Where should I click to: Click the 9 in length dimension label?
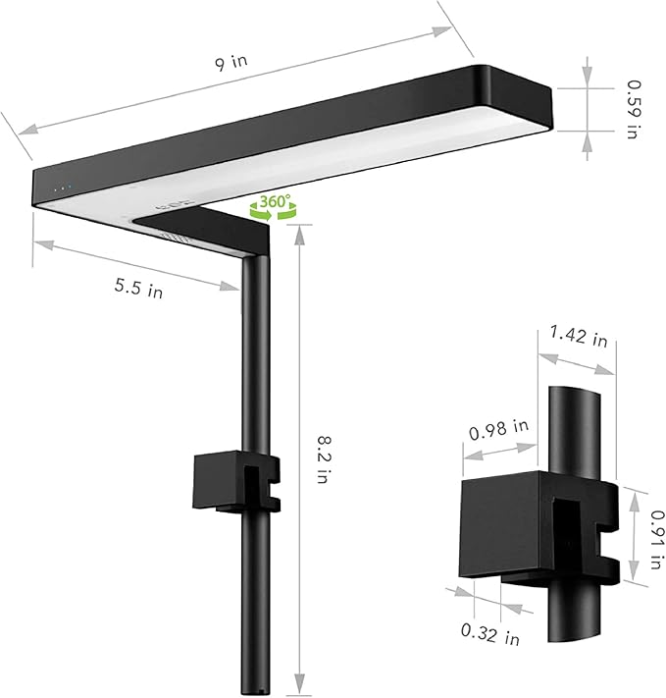231,62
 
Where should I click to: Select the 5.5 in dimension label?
139,288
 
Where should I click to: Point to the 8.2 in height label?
324,459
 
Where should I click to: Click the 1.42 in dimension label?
579,336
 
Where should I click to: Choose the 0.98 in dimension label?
498,429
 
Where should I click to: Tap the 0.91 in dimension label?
657,539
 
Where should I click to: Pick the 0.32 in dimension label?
489,634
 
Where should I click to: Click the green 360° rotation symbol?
273,206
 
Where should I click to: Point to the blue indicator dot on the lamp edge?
70,187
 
